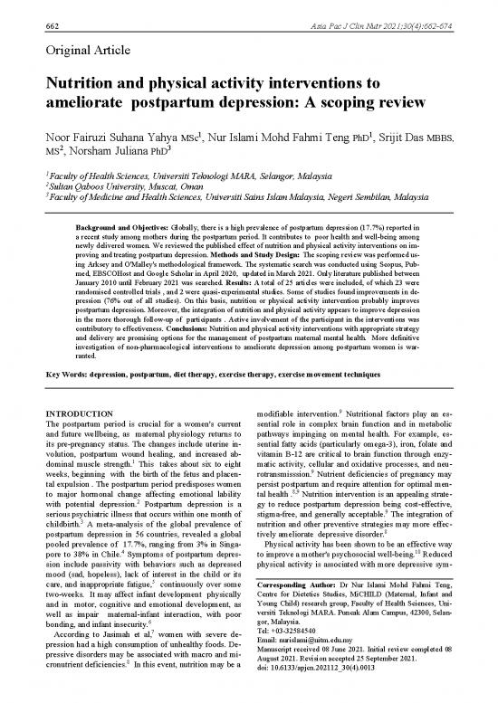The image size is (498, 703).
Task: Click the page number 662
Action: click(x=38, y=9)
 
